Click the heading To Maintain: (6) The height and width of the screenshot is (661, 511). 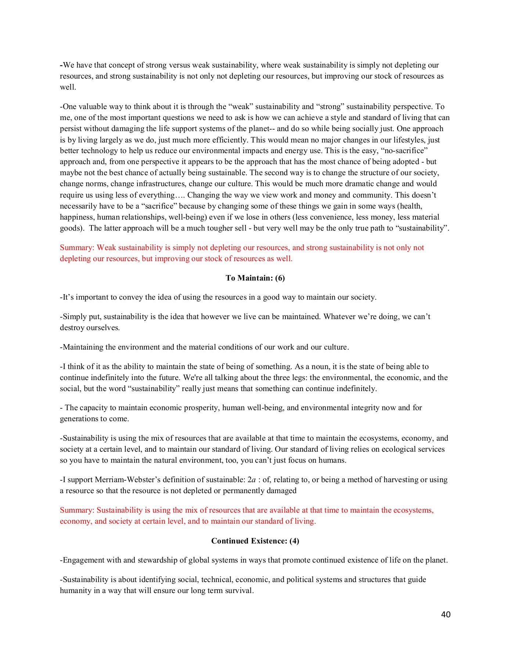tap(255, 278)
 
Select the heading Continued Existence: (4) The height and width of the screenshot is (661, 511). tap(255, 541)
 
